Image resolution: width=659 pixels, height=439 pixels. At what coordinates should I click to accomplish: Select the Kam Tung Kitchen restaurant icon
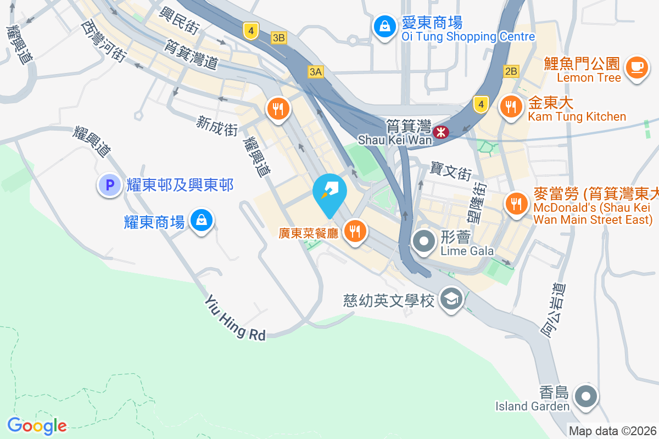click(511, 106)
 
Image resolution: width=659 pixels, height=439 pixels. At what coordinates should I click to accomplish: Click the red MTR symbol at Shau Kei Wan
click(440, 132)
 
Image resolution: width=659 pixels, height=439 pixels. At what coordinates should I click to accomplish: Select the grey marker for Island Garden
click(585, 396)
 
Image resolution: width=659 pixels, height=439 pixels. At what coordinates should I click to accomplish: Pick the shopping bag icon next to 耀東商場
click(202, 221)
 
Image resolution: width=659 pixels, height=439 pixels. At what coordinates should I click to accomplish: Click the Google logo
click(37, 425)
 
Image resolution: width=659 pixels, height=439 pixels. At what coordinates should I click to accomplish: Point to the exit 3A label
click(316, 71)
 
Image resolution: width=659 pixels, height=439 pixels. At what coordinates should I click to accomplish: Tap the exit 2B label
click(511, 71)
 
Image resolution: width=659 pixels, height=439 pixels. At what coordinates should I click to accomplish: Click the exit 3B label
click(279, 37)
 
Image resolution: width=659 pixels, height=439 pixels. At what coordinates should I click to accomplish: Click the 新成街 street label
click(217, 126)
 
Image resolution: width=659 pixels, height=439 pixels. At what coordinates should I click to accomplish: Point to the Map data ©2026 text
click(612, 431)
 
